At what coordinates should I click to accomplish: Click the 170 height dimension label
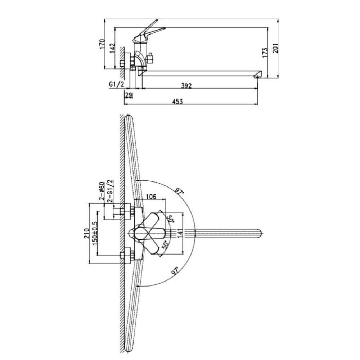point(102,44)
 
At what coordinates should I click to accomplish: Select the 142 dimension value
point(112,48)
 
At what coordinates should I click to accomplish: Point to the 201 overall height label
point(275,48)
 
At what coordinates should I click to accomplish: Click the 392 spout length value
point(186,86)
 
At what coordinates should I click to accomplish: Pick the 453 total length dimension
point(177,101)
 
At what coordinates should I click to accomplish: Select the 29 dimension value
point(129,95)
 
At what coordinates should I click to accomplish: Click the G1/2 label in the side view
point(116,84)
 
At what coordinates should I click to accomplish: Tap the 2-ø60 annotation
point(102,191)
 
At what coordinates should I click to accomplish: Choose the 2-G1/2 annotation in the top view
point(110,191)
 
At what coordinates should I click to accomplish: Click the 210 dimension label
point(86,233)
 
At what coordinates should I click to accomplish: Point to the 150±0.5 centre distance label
point(95,233)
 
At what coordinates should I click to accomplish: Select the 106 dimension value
point(151,197)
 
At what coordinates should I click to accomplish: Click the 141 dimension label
point(180,234)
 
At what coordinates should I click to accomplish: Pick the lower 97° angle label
point(175,271)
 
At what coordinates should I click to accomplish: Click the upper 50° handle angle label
point(170,219)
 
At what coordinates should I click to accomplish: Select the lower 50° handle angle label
point(165,245)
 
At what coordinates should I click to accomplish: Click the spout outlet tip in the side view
point(258,77)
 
